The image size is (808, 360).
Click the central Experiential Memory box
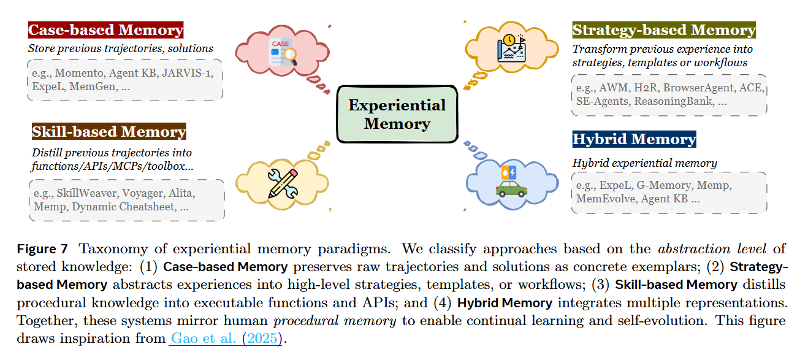click(397, 114)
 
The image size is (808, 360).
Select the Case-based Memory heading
click(105, 30)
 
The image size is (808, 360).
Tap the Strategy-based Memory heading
click(664, 30)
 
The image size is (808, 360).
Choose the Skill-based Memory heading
click(109, 132)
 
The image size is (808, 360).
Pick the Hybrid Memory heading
click(634, 139)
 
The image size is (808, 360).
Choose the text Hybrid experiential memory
click(644, 163)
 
